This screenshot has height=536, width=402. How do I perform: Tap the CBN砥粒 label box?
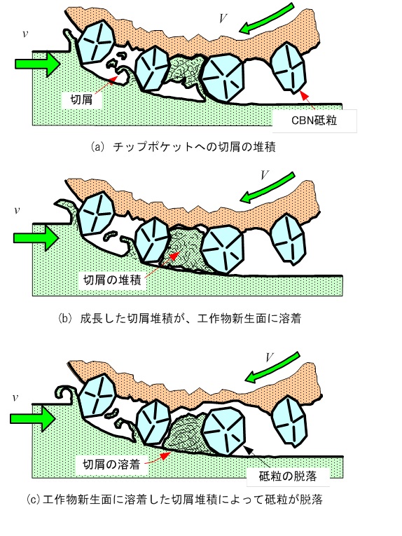click(314, 121)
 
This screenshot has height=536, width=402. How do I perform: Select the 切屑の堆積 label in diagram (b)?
click(112, 280)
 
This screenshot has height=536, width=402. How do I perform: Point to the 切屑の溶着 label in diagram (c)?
click(111, 465)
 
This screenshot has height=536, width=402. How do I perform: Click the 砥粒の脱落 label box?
click(288, 476)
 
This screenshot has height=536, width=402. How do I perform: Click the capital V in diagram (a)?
click(223, 18)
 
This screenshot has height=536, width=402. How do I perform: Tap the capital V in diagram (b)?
click(264, 175)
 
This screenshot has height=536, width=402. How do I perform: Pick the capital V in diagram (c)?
click(269, 357)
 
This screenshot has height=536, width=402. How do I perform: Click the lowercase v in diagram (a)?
click(25, 34)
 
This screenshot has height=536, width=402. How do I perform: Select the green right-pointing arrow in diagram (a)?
click(38, 63)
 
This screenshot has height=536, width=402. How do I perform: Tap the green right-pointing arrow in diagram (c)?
click(32, 419)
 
